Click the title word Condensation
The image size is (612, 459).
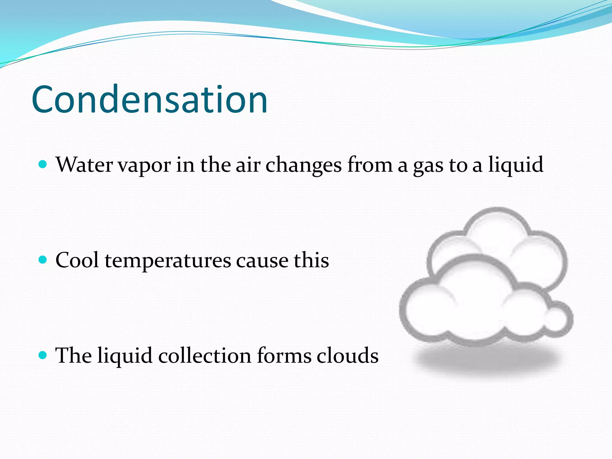(x=149, y=99)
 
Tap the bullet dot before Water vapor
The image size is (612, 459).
(x=43, y=164)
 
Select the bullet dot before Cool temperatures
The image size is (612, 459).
(x=43, y=260)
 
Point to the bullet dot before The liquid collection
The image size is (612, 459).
(x=43, y=355)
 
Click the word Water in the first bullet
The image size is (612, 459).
(x=85, y=165)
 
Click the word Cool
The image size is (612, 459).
(x=77, y=260)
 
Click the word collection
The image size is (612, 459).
(x=205, y=356)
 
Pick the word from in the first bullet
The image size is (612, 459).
(x=370, y=165)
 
